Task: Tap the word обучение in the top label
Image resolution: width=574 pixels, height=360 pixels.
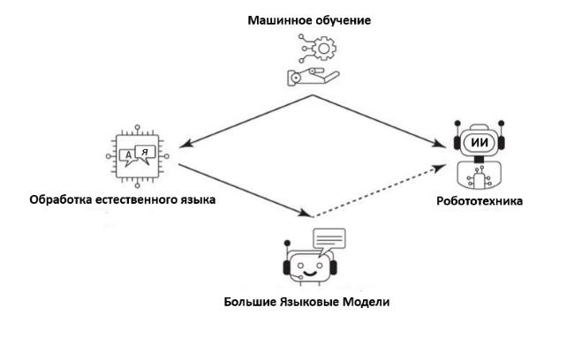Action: click(343, 20)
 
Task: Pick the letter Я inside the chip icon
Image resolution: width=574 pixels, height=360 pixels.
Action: click(146, 152)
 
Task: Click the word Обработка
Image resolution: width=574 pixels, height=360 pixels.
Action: click(60, 199)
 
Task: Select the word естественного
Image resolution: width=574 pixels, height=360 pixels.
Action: click(137, 199)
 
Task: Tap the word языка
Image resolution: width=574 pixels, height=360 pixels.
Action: click(198, 199)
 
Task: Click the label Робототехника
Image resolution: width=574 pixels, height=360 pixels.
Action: click(480, 201)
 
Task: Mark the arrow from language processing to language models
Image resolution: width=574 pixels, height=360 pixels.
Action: click(243, 190)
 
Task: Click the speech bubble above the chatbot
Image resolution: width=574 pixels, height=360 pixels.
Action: click(329, 239)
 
